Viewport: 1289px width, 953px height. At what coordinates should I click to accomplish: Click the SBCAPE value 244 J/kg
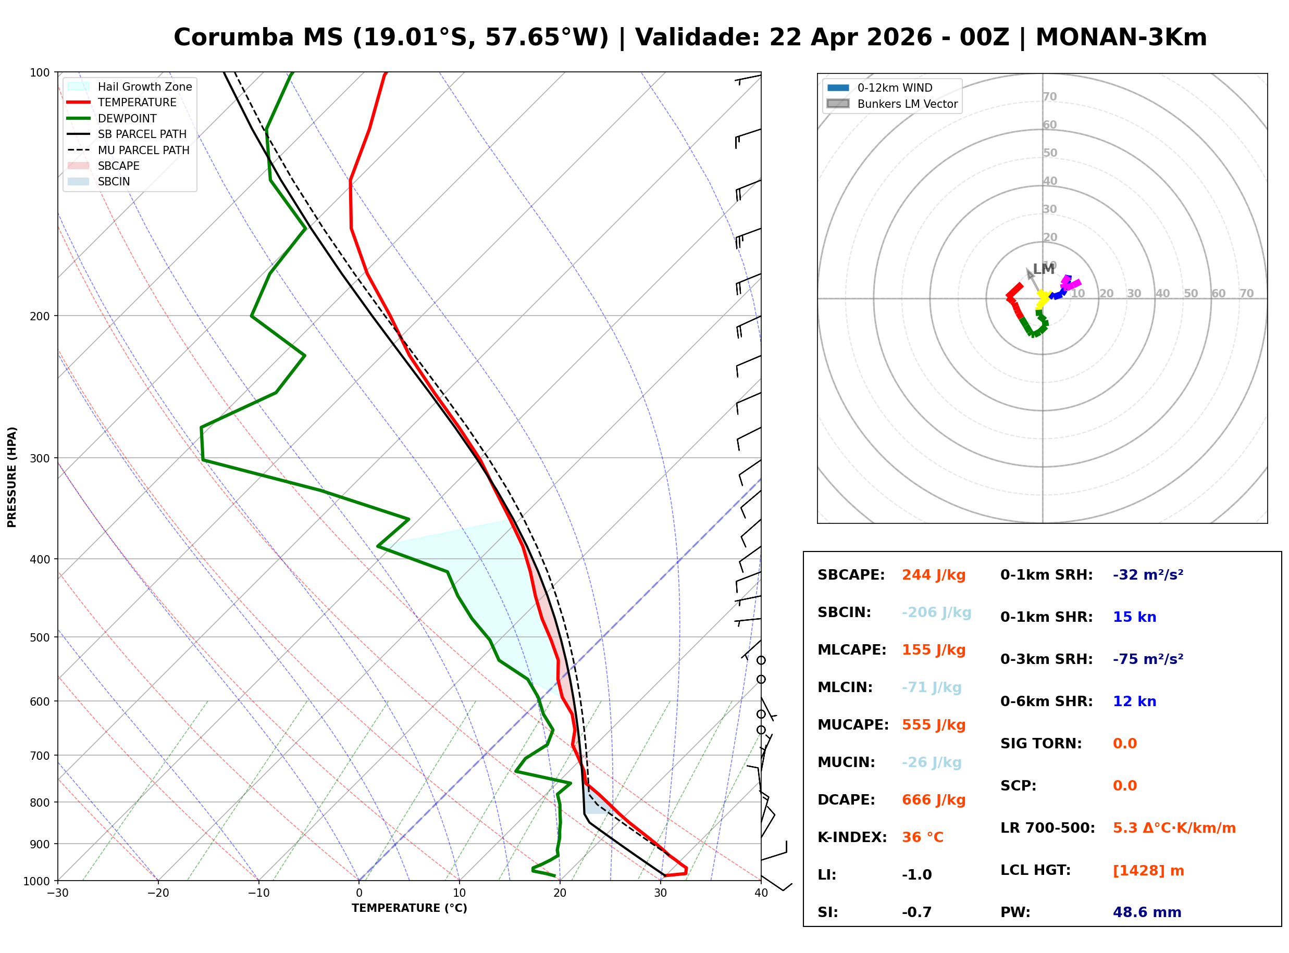coord(933,575)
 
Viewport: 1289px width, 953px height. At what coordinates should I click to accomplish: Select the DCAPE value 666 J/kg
coord(933,800)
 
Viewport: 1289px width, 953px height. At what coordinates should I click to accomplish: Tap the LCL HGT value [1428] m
coord(1148,871)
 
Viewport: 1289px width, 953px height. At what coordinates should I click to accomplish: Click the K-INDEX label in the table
coord(852,837)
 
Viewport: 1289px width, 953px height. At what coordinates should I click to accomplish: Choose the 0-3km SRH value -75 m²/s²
coord(1148,659)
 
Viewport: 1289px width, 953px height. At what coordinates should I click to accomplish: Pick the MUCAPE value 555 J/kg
coord(933,725)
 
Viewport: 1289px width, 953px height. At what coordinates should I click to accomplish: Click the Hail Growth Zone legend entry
coord(144,87)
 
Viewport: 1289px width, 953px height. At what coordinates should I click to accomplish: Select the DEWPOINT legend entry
coord(127,119)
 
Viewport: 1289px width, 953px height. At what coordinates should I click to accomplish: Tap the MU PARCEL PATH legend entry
coord(143,151)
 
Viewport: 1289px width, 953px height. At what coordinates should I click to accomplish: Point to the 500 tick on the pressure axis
coord(40,638)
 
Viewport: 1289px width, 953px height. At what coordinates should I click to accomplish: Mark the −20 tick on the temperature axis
coord(157,894)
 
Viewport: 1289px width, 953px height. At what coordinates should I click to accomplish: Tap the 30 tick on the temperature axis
coord(661,894)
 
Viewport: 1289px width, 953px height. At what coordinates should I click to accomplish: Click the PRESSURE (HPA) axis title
coord(12,477)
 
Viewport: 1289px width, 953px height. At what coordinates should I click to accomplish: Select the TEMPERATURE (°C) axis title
coord(409,909)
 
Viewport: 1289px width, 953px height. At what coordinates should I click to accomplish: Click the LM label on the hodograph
coord(1043,269)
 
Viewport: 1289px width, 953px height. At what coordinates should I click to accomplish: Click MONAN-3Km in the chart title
coord(1121,37)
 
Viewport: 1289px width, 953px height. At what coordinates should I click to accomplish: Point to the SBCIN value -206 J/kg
coord(936,612)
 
